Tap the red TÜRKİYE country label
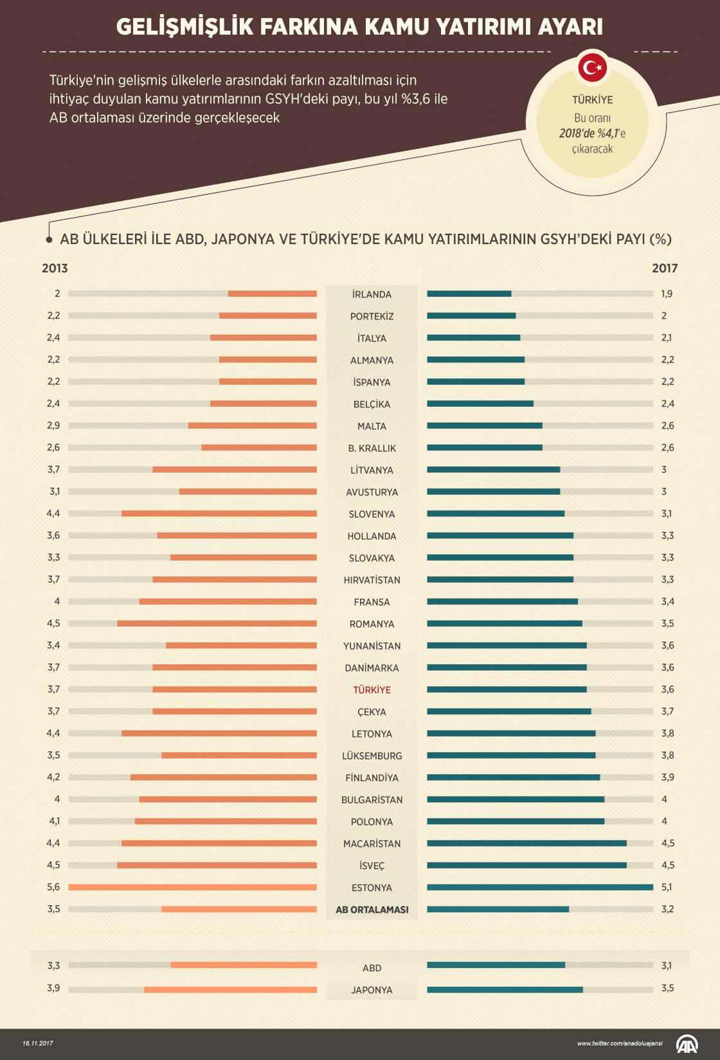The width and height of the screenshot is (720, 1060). point(372,690)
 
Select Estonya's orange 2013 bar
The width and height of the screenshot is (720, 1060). point(192,887)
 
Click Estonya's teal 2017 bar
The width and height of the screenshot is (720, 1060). point(540,887)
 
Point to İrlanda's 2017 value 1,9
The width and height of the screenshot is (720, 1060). point(667,294)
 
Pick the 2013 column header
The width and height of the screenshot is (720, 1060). point(55,269)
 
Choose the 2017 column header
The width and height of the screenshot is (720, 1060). point(665,269)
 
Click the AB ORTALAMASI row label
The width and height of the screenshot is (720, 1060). point(372,910)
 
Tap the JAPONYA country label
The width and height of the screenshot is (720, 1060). point(372,990)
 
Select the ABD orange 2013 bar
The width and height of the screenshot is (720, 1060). point(244,965)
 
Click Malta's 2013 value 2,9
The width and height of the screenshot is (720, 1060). point(53,426)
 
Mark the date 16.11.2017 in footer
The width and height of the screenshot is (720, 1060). point(38,1043)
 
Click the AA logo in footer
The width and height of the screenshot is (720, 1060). point(688,1043)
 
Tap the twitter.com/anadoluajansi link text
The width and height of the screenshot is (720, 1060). point(620,1043)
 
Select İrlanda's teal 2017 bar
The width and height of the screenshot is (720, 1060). point(469,294)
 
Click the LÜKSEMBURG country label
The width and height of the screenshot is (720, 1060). point(372,756)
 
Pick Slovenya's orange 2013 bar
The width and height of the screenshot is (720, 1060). point(219,513)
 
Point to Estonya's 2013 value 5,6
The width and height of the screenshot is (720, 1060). point(53,887)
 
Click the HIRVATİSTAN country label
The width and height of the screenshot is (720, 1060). point(372,580)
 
